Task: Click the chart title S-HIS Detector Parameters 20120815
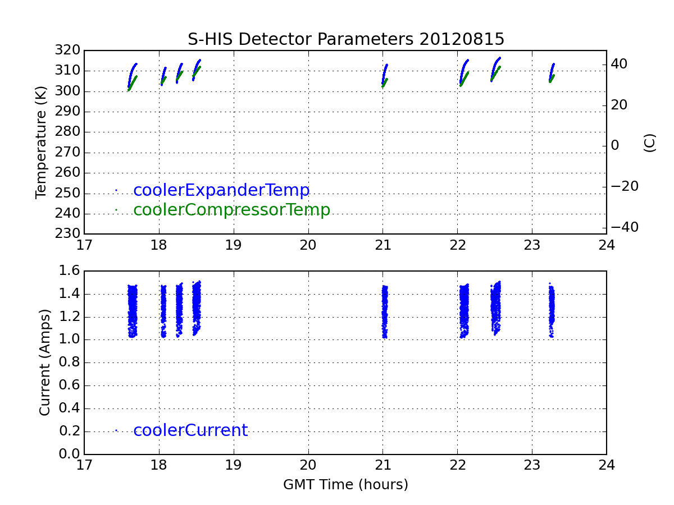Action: pos(346,39)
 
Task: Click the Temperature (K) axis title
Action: pos(40,143)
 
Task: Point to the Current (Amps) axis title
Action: pos(44,362)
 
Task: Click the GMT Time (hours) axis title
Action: pos(345,485)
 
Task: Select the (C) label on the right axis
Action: pos(649,143)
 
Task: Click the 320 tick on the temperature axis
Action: pos(67,50)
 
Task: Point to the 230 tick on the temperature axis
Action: pos(67,233)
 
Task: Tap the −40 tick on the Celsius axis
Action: pos(625,227)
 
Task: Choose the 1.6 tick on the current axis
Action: pos(70,270)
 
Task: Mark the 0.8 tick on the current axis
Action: pos(70,362)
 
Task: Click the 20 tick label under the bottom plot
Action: pos(308,465)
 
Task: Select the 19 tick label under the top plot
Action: pos(233,245)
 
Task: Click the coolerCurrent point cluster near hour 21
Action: pos(385,312)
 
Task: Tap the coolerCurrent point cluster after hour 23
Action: pos(552,310)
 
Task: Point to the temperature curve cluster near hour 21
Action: pos(384,76)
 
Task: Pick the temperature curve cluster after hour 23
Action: pos(552,73)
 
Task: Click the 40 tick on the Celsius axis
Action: pos(619,64)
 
